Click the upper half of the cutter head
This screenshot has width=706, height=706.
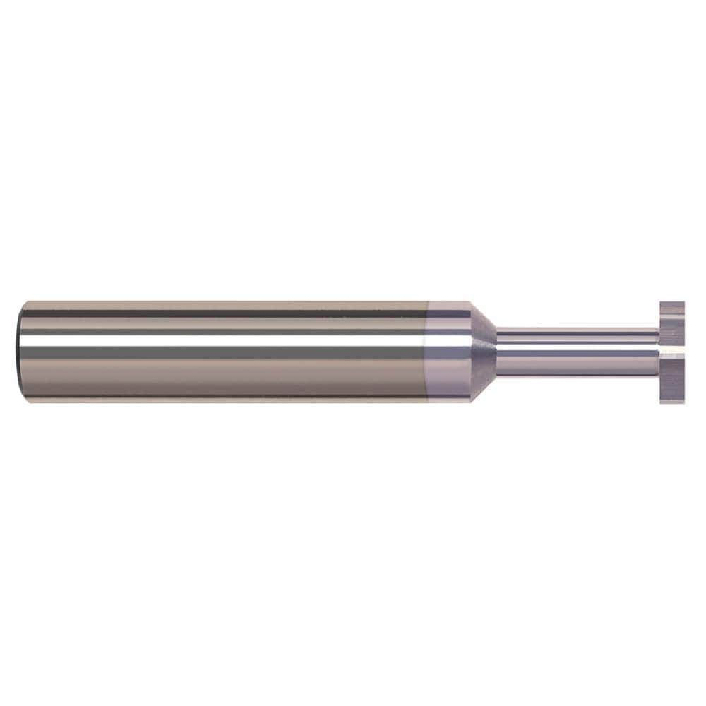point(672,323)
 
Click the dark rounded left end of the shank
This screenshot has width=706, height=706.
point(20,351)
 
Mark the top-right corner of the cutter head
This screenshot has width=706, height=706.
point(683,303)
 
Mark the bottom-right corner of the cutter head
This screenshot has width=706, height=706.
point(683,402)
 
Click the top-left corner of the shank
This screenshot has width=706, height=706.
point(24,303)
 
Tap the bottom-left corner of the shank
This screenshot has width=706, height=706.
point(24,400)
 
